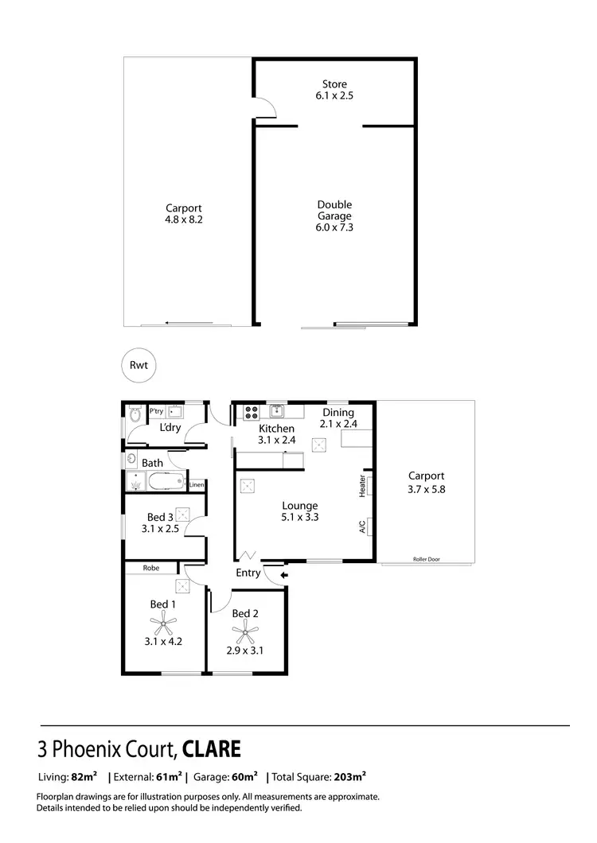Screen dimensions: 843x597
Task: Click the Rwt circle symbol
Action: tap(139, 366)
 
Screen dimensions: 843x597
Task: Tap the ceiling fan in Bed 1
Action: tap(164, 623)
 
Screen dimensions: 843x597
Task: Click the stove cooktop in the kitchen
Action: tap(251, 413)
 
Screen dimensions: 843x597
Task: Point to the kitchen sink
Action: tap(276, 411)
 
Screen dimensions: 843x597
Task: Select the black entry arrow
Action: tap(284, 574)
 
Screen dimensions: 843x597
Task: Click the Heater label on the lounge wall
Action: tap(362, 486)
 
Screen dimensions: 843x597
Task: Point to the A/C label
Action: tap(362, 526)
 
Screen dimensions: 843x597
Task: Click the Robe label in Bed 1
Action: tap(150, 568)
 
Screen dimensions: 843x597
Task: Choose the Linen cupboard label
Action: tap(197, 484)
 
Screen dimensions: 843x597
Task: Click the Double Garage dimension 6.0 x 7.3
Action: tap(334, 227)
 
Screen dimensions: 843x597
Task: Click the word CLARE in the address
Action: tap(212, 749)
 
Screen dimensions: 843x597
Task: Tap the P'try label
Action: tap(156, 411)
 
